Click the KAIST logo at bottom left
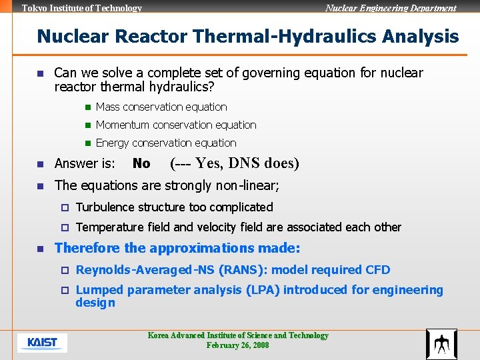[42, 343]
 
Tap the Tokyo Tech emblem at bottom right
[441, 344]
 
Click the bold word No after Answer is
[141, 163]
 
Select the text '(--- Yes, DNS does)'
[235, 163]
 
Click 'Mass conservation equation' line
[161, 107]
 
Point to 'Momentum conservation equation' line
[176, 125]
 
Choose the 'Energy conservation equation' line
[166, 143]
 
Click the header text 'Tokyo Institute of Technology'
[82, 8]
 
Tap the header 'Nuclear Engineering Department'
[391, 8]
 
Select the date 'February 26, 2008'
[238, 345]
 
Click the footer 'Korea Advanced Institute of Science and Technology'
[238, 335]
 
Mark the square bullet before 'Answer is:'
[40, 164]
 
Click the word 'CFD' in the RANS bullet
[378, 270]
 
